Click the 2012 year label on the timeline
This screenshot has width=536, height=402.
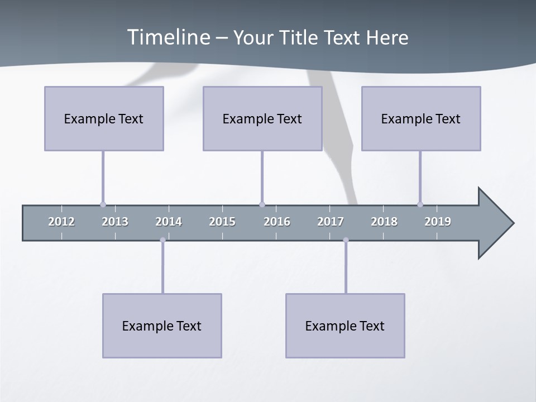61,222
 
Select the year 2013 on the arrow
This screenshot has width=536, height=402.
115,222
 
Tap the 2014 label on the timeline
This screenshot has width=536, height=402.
169,222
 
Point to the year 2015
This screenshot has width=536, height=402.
222,222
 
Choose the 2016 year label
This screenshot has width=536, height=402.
277,222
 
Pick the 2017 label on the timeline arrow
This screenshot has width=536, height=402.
331,222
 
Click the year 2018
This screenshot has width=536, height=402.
384,222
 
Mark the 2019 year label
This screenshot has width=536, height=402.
438,222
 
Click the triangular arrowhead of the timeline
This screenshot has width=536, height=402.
494,223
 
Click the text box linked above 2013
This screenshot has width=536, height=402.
104,118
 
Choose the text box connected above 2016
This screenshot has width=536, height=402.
262,118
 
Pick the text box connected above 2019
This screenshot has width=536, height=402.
421,118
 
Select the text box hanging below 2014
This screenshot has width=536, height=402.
162,326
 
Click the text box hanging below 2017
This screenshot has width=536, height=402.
345,326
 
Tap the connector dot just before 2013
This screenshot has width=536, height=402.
103,204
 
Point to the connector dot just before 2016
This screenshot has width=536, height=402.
262,204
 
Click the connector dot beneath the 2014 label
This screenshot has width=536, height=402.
162,240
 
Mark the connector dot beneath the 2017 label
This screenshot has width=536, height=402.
346,240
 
